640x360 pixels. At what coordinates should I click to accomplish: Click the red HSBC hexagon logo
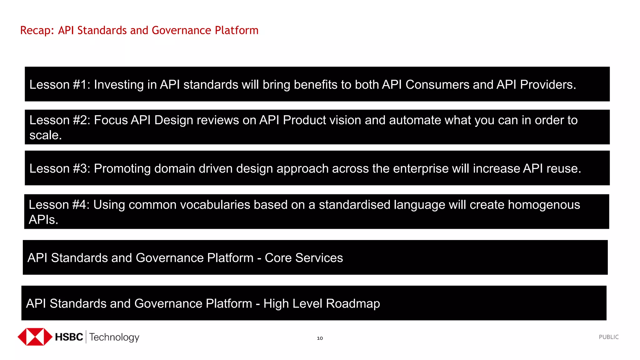(x=35, y=337)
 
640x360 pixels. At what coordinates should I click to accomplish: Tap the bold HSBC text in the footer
(x=69, y=337)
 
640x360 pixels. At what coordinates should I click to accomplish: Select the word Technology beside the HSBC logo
(x=114, y=337)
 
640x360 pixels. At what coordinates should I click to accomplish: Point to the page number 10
(x=320, y=338)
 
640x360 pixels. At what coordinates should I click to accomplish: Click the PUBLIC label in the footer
(x=608, y=337)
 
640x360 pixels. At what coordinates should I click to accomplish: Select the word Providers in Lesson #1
(x=547, y=85)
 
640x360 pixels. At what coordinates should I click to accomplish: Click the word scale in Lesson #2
(x=45, y=135)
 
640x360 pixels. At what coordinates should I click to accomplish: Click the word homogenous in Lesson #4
(x=543, y=205)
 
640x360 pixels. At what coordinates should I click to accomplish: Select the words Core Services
(x=304, y=258)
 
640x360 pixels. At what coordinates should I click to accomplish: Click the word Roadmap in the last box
(x=353, y=304)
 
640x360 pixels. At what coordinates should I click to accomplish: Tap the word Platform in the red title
(x=237, y=31)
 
